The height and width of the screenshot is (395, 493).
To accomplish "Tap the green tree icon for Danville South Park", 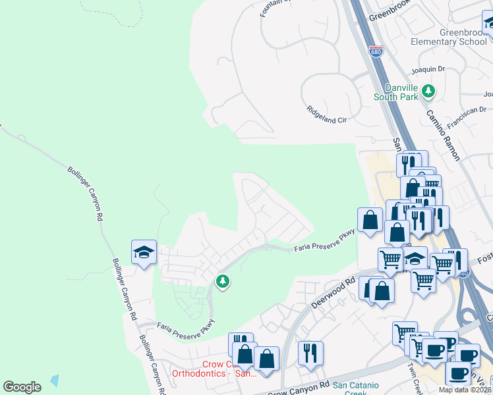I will point(429,90).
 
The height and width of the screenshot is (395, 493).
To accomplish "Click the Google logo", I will point(22,387).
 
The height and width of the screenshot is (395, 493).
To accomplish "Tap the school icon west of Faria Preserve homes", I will point(144,251).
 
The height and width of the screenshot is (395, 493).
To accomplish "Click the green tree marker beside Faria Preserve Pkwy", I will point(223,282).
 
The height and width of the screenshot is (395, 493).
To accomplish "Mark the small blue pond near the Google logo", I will point(54,380).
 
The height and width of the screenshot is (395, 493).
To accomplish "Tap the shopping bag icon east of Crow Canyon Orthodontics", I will point(267,359).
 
